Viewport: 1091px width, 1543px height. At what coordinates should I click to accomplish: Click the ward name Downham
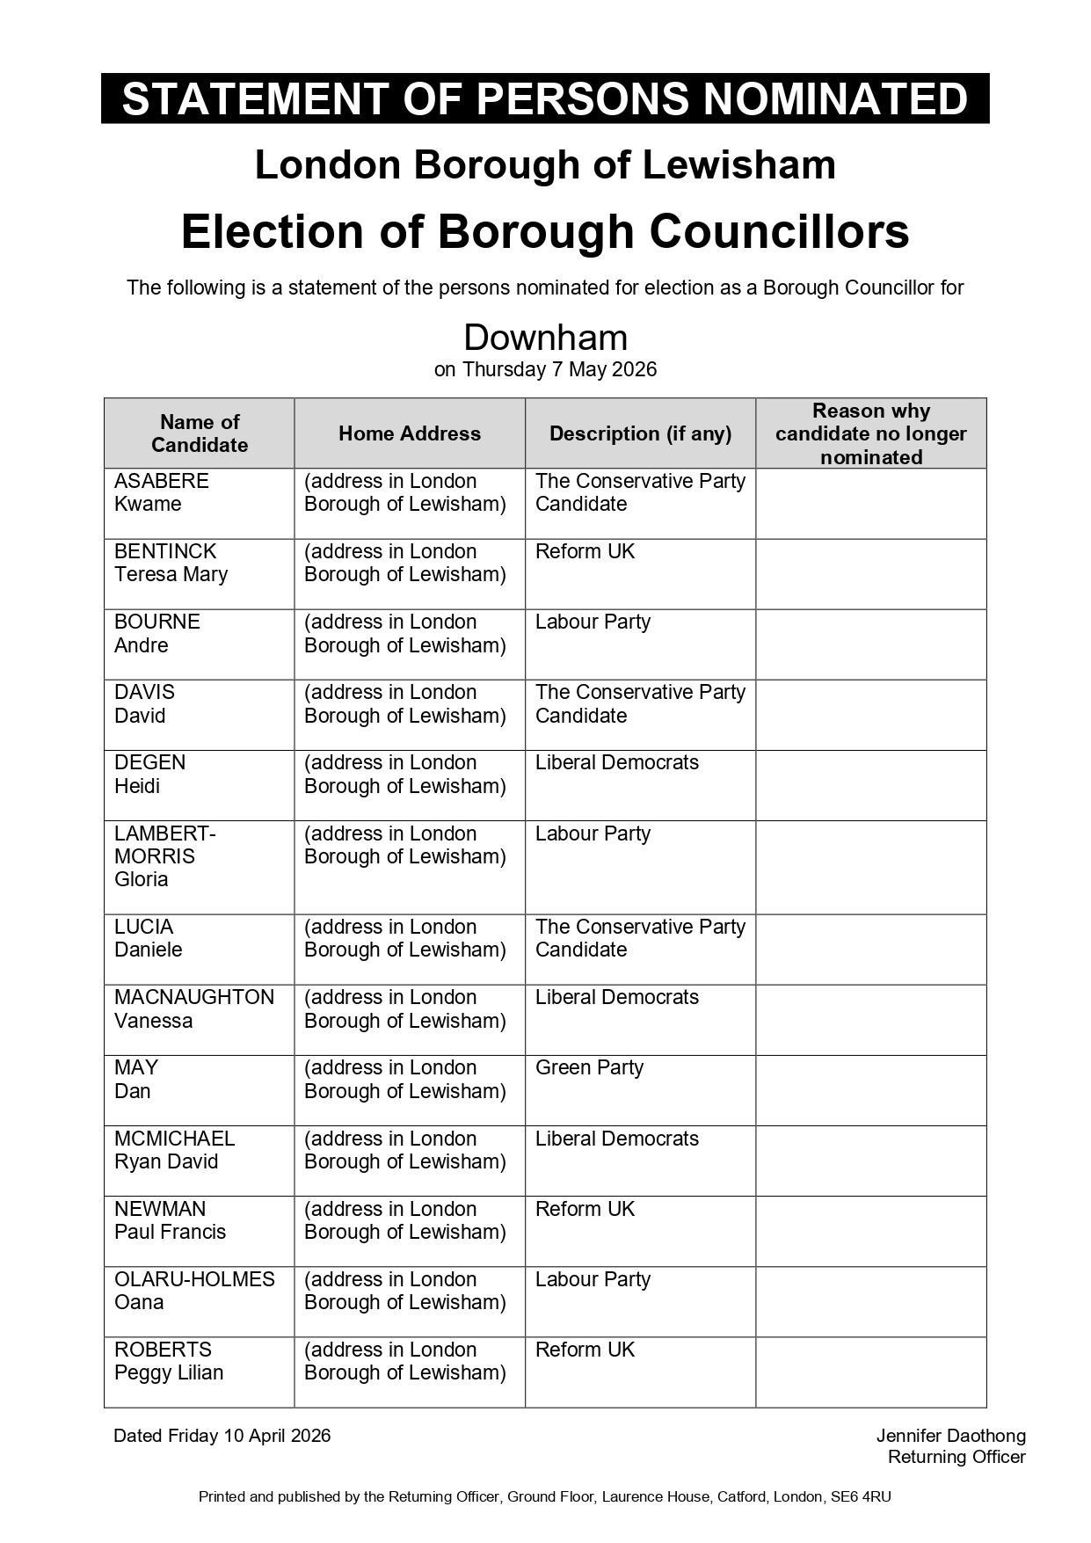pyautogui.click(x=545, y=338)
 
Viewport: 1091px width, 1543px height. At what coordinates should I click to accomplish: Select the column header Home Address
pyautogui.click(x=410, y=433)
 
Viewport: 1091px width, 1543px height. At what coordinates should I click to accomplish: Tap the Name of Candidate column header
pyautogui.click(x=200, y=433)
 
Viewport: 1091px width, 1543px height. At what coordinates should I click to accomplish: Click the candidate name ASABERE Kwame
pyautogui.click(x=162, y=492)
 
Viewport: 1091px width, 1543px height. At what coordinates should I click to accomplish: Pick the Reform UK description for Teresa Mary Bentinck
pyautogui.click(x=585, y=551)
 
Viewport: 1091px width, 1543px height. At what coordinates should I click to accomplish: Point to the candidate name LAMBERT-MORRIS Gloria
pyautogui.click(x=164, y=856)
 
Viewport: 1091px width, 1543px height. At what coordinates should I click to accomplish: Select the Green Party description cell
pyautogui.click(x=589, y=1067)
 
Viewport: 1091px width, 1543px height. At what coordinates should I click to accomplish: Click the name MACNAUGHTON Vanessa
pyautogui.click(x=194, y=1008)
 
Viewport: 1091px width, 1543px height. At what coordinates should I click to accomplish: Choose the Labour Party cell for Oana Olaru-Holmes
pyautogui.click(x=593, y=1279)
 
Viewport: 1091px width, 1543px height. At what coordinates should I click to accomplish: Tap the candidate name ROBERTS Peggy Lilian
pyautogui.click(x=169, y=1361)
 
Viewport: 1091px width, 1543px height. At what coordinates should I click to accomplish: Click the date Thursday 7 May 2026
pyautogui.click(x=559, y=369)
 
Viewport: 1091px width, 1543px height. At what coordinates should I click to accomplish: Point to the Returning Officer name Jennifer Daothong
pyautogui.click(x=950, y=1436)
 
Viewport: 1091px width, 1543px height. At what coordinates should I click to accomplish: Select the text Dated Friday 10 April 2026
pyautogui.click(x=222, y=1436)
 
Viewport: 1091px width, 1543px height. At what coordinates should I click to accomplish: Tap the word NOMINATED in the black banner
pyautogui.click(x=835, y=98)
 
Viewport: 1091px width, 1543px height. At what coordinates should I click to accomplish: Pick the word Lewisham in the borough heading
pyautogui.click(x=738, y=165)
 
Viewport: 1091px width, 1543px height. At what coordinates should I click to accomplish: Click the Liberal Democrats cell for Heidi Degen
pyautogui.click(x=617, y=762)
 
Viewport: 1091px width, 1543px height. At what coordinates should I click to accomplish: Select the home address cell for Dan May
pyautogui.click(x=405, y=1079)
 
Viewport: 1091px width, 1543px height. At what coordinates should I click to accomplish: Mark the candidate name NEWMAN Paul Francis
pyautogui.click(x=170, y=1220)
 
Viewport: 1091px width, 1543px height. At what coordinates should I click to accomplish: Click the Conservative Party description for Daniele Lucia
pyautogui.click(x=640, y=938)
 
